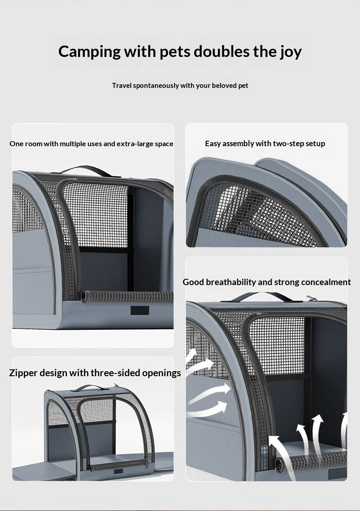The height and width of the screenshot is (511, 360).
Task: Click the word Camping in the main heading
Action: (89, 52)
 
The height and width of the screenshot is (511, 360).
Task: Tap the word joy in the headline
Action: (291, 52)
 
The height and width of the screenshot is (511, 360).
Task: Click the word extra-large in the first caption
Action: (135, 144)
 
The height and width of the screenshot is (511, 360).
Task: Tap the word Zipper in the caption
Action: (22, 373)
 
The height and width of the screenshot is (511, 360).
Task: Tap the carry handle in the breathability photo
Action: (256, 296)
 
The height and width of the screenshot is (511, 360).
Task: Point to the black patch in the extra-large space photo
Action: (140, 310)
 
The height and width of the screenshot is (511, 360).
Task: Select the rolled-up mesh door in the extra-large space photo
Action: (127, 296)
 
